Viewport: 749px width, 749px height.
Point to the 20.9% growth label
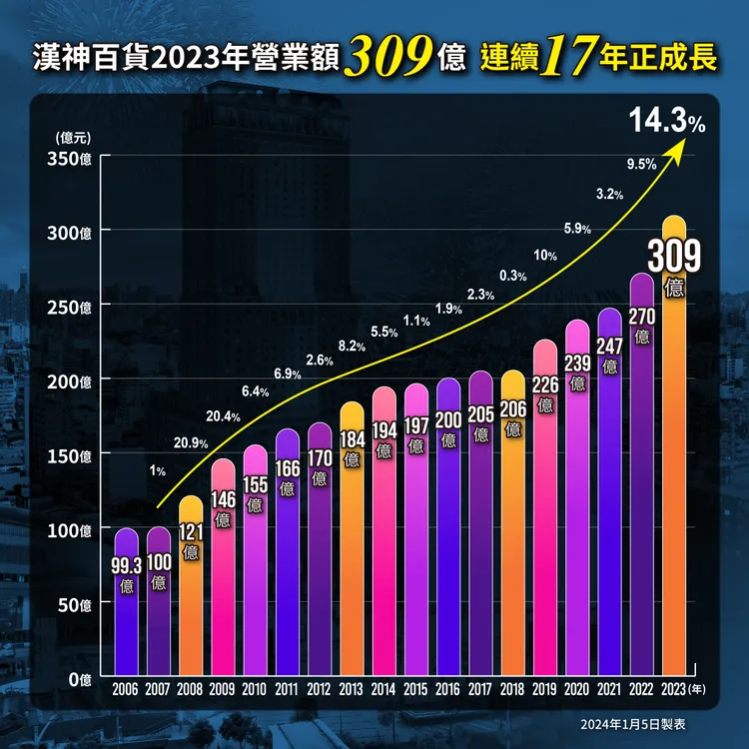190,442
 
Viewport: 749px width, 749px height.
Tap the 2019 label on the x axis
545,689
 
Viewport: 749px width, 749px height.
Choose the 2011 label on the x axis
288,689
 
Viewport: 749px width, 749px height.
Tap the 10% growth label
545,256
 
